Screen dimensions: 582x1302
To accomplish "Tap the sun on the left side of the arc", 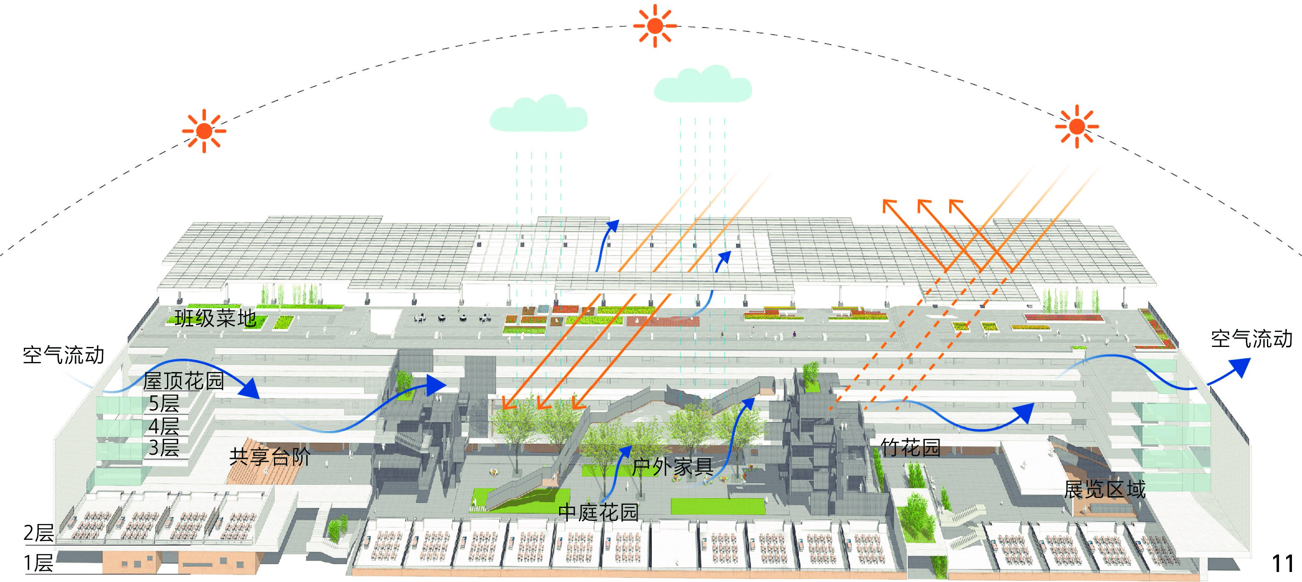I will pos(204,131).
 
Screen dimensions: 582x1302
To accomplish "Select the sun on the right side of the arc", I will pos(1077,127).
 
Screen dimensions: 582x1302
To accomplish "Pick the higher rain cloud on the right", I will pos(702,86).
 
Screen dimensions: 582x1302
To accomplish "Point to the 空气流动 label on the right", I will pos(1251,339).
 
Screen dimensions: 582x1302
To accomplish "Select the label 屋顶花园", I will pos(183,381).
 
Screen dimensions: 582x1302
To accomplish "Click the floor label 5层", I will pos(164,404).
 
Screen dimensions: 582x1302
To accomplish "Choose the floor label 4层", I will pos(164,426).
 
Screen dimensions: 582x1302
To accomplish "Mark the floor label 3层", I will pos(164,448).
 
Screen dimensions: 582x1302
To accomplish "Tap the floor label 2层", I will pos(39,534).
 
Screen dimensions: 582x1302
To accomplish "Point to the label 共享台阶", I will pos(270,457).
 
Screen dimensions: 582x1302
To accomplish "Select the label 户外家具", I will pos(672,467).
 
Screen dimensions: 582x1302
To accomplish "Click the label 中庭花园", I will pos(598,512).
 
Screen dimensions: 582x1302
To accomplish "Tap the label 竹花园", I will pos(910,448).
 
